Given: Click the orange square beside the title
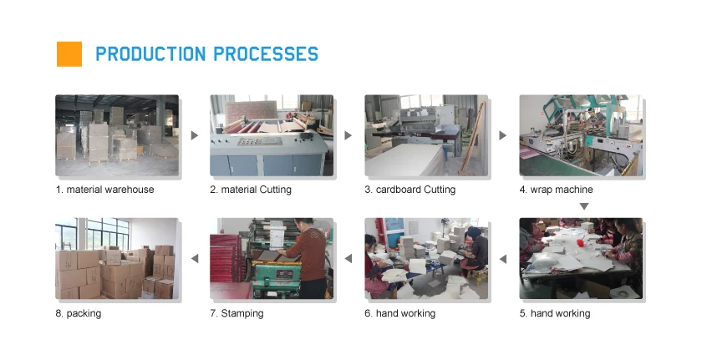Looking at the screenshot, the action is [69, 54].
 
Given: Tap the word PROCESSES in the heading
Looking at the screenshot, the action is [266, 54].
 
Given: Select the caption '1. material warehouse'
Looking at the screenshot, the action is [104, 190].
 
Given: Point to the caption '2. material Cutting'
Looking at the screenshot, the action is [251, 190].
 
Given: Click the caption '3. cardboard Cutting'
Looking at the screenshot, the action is [410, 190].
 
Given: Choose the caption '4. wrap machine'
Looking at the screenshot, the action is [556, 190].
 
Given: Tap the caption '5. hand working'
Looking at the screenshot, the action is [555, 313].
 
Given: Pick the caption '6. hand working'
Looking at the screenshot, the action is [399, 313].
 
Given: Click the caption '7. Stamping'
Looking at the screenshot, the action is [237, 313].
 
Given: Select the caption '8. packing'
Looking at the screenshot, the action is [79, 313].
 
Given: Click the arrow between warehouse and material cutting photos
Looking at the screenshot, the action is [194, 135].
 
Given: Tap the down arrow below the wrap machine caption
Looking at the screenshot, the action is [584, 206].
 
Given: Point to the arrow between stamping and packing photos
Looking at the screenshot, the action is [195, 258].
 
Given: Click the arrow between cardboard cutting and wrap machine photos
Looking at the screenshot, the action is [503, 135].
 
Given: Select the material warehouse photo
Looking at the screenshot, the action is [117, 135].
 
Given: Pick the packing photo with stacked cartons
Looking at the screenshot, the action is [117, 258].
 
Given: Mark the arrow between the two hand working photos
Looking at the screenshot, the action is [503, 258].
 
